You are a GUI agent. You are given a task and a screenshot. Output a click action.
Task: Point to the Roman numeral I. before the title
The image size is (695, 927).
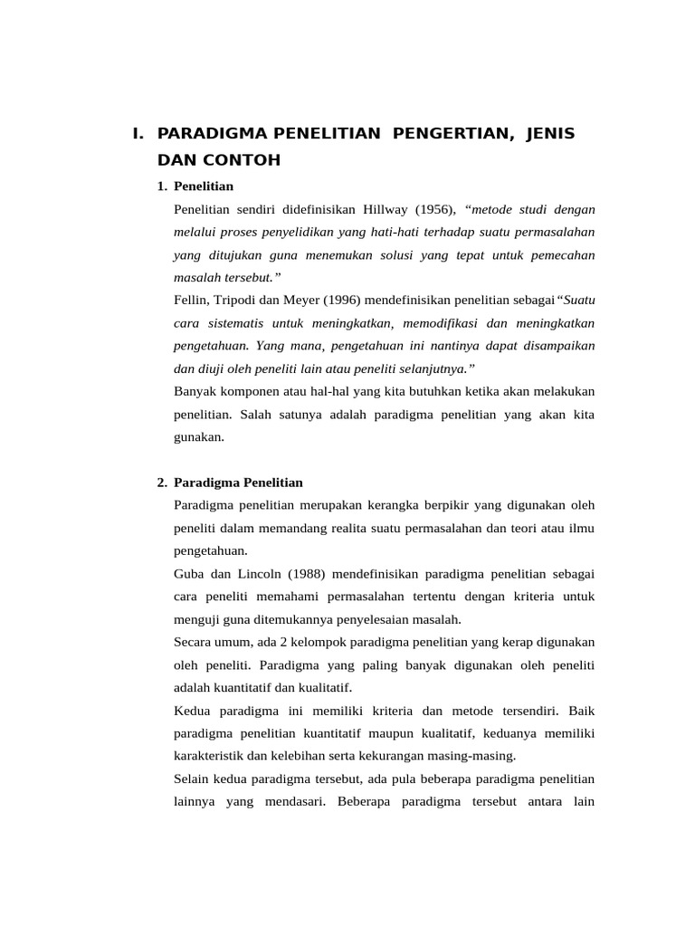(x=138, y=134)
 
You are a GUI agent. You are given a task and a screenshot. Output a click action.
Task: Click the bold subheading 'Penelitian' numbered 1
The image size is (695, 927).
(x=204, y=186)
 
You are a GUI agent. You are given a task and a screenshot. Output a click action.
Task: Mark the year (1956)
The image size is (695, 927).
(x=437, y=210)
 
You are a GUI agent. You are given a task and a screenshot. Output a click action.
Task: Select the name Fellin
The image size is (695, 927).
(x=190, y=299)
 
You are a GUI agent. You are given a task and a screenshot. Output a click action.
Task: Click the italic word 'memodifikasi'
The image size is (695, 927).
(x=443, y=322)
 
